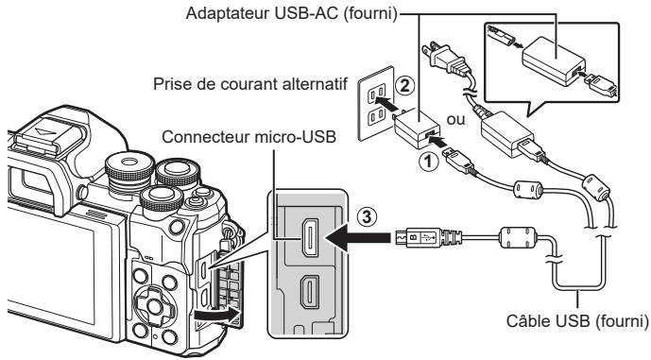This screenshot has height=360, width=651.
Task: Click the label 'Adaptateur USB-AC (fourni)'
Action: point(320,11)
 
